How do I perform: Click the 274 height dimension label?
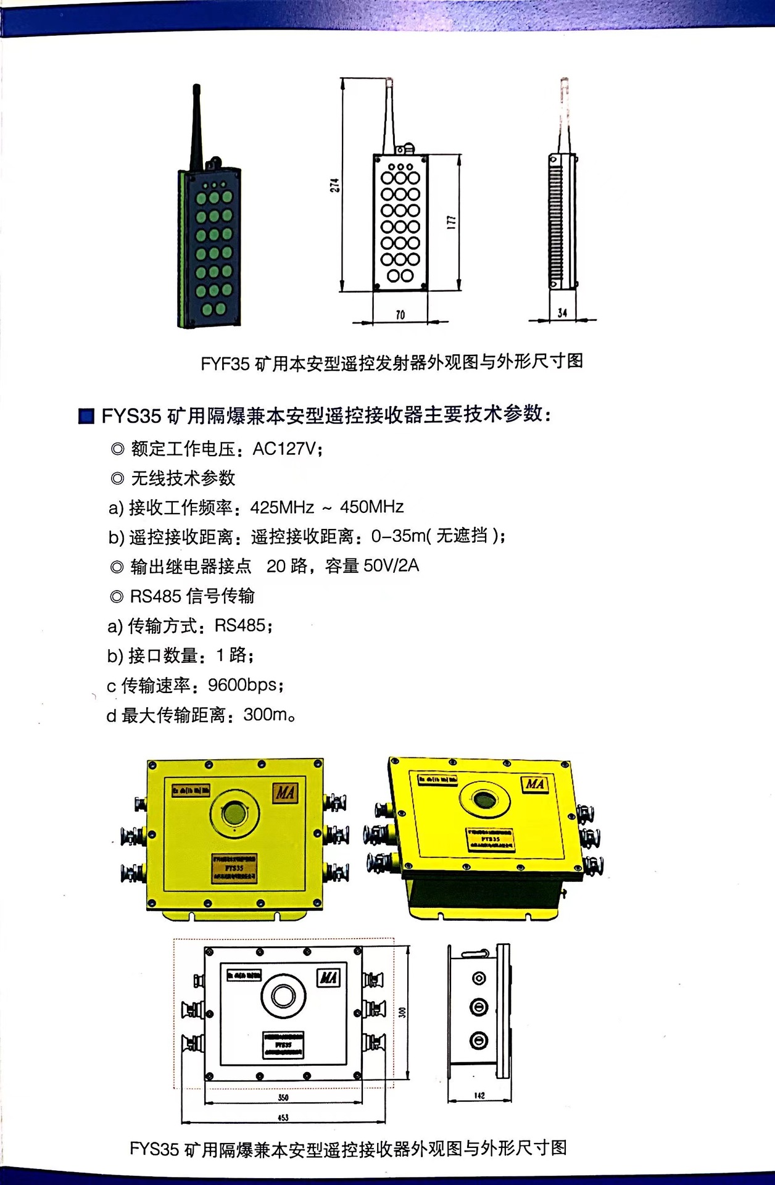pos(334,185)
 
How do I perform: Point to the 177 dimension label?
pos(451,222)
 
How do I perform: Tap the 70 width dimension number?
pos(400,315)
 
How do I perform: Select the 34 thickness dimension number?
pos(562,313)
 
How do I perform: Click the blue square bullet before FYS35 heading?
pos(86,416)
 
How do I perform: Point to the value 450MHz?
pos(371,507)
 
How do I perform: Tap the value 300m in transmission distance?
pos(266,715)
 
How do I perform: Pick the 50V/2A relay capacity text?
pos(391,566)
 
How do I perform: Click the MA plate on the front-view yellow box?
pos(285,793)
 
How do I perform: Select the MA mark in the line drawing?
pos(328,978)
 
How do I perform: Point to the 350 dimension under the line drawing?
pos(283,1097)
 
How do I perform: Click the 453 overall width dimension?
pos(283,1117)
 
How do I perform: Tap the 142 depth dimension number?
pos(479,1096)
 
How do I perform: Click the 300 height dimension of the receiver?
pos(402,1013)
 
